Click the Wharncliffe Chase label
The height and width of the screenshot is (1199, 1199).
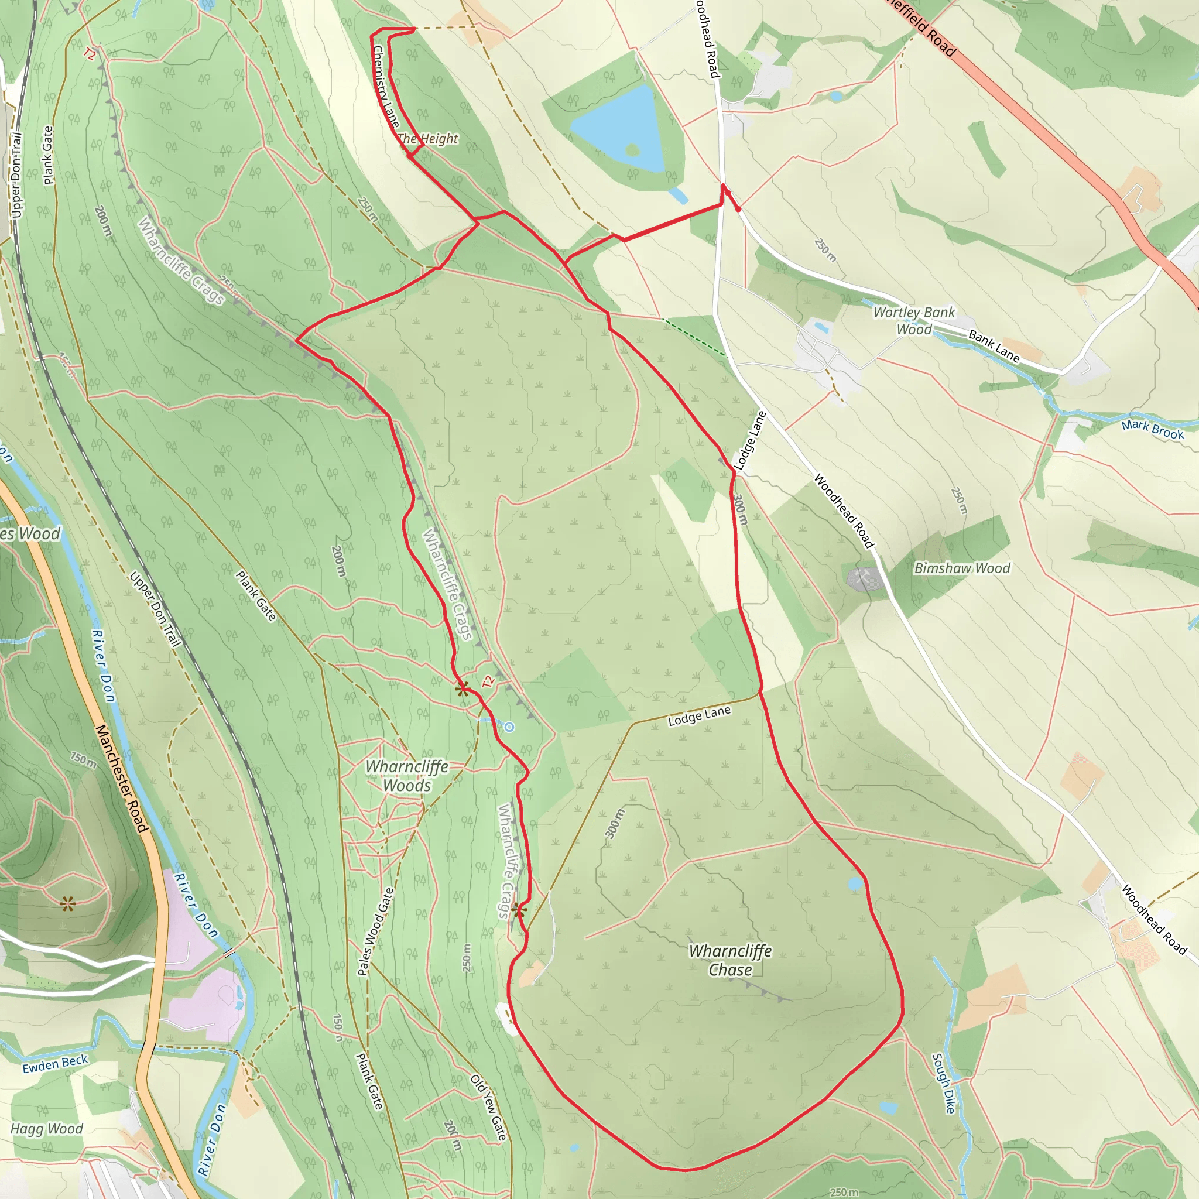coord(731,960)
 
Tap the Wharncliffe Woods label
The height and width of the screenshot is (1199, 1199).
coord(406,776)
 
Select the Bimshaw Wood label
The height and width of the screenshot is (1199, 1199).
coord(962,568)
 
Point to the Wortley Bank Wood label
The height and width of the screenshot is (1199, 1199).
coord(913,321)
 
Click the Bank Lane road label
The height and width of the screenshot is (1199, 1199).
coord(994,347)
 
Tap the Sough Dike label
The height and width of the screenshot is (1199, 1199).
coord(943,1083)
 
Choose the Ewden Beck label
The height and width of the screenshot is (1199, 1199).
coord(55,1064)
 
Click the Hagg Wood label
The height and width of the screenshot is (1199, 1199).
coord(47,1129)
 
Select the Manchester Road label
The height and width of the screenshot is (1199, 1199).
coord(122,778)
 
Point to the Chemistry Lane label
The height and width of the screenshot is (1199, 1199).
coord(385,87)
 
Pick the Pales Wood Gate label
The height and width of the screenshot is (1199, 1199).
coord(376,931)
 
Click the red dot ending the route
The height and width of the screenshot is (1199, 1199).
coord(738,210)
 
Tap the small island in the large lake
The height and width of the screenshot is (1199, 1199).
coord(632,149)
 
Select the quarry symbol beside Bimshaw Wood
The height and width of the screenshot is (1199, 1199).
coord(862,577)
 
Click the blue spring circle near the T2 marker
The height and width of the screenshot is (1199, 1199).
coord(509,727)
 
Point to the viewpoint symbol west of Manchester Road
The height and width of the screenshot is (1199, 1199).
coord(68,903)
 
